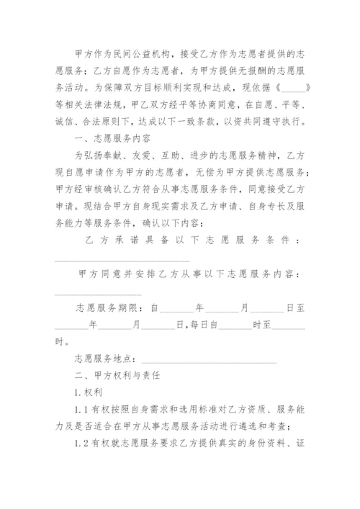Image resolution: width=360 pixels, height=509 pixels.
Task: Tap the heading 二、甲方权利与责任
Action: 118,376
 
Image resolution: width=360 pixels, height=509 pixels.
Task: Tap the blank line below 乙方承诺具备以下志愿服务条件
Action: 122,260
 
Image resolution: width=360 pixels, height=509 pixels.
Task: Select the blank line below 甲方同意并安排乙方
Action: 98,293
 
